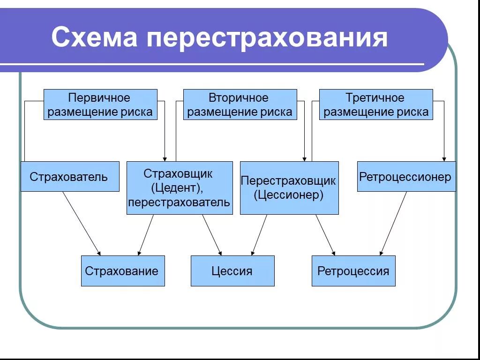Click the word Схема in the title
(x=94, y=37)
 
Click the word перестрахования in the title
(x=267, y=37)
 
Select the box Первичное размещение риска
(x=100, y=105)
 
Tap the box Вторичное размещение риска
(x=240, y=105)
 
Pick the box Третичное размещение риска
(x=376, y=105)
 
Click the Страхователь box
(x=69, y=177)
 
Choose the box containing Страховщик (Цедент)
(x=180, y=188)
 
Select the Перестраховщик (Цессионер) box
(x=289, y=188)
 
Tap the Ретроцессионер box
(x=406, y=177)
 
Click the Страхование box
(x=123, y=271)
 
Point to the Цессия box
(x=232, y=271)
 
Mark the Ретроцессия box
(x=353, y=271)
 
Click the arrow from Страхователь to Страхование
(x=81, y=223)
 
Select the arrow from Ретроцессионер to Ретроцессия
(x=393, y=223)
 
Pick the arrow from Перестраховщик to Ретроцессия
(x=325, y=235)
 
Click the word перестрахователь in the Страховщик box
(x=180, y=202)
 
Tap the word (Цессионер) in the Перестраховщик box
(x=289, y=195)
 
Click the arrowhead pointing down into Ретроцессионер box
(x=444, y=158)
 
